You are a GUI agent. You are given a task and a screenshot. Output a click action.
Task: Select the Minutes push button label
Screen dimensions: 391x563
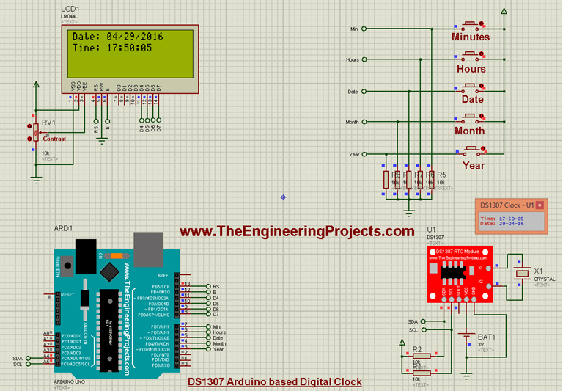pyautogui.click(x=470, y=37)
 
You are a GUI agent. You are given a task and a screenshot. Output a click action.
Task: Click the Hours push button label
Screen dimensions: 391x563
pyautogui.click(x=471, y=69)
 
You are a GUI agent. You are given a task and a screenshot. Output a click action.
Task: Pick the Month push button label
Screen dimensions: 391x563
pyautogui.click(x=469, y=131)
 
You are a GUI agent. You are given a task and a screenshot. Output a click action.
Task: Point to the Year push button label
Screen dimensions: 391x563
pyautogui.click(x=474, y=165)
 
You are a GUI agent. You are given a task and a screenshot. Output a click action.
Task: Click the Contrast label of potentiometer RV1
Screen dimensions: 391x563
pyautogui.click(x=54, y=139)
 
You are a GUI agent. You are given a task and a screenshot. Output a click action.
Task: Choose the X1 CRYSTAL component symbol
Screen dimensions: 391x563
pyautogui.click(x=522, y=274)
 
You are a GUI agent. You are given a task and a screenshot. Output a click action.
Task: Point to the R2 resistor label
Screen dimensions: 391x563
pyautogui.click(x=417, y=348)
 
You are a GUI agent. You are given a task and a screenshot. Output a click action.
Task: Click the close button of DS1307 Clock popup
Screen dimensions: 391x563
pyautogui.click(x=540, y=205)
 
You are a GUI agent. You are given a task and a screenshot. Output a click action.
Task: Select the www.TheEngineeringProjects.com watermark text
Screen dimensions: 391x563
pyautogui.click(x=298, y=231)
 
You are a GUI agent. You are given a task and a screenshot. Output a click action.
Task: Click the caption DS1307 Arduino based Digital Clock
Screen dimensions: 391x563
pyautogui.click(x=274, y=382)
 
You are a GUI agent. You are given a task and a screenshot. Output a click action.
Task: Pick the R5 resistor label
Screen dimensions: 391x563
pyautogui.click(x=441, y=175)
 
